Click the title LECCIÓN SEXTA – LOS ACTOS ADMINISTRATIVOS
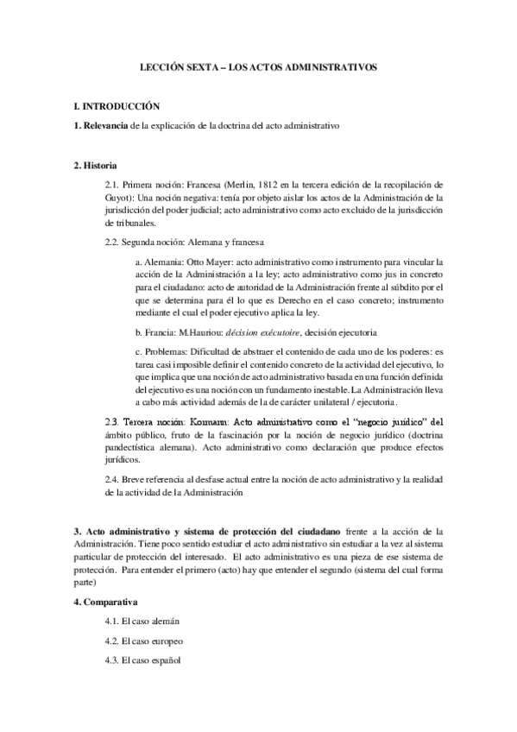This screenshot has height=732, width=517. [259, 66]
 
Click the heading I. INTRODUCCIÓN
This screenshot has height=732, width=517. [117, 106]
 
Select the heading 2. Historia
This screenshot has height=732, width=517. [96, 165]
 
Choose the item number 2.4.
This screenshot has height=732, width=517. [111, 481]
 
